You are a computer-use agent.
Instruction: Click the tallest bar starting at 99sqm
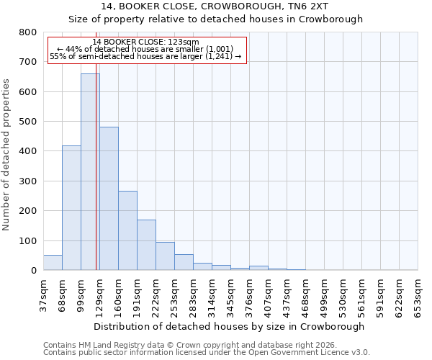pyautogui.click(x=90, y=172)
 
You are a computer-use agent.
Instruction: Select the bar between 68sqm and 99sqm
pyautogui.click(x=71, y=208)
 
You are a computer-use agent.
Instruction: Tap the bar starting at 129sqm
pyautogui.click(x=109, y=199)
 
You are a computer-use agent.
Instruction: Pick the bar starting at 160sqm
pyautogui.click(x=127, y=230)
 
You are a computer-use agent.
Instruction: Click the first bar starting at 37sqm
pyautogui.click(x=53, y=263)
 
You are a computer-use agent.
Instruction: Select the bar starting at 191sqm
pyautogui.click(x=146, y=245)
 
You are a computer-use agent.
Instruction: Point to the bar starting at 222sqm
pyautogui.click(x=165, y=256)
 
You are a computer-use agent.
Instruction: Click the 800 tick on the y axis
pyautogui.click(x=27, y=32)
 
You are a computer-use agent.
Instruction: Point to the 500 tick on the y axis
pyautogui.click(x=27, y=122)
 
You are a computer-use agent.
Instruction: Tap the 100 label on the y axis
pyautogui.click(x=27, y=240)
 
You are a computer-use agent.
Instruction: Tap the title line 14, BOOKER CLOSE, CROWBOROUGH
pyautogui.click(x=215, y=6)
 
